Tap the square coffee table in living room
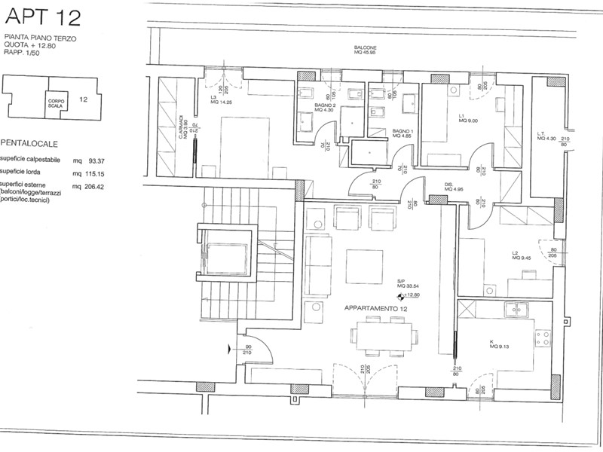(x=365, y=264)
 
